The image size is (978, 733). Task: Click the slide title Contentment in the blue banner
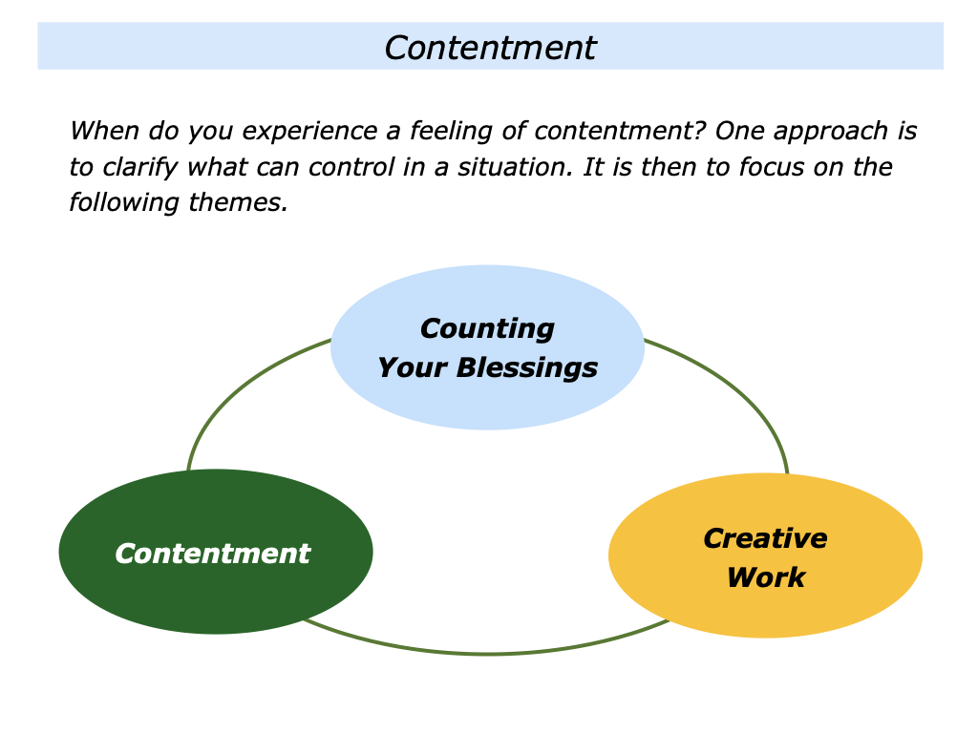click(490, 47)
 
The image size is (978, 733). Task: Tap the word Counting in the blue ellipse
click(487, 328)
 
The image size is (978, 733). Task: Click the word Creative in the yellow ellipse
click(765, 538)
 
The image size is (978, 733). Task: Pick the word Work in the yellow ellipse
click(765, 577)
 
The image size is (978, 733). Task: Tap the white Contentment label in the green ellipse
click(213, 554)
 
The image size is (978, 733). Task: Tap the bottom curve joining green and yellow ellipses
click(487, 654)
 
